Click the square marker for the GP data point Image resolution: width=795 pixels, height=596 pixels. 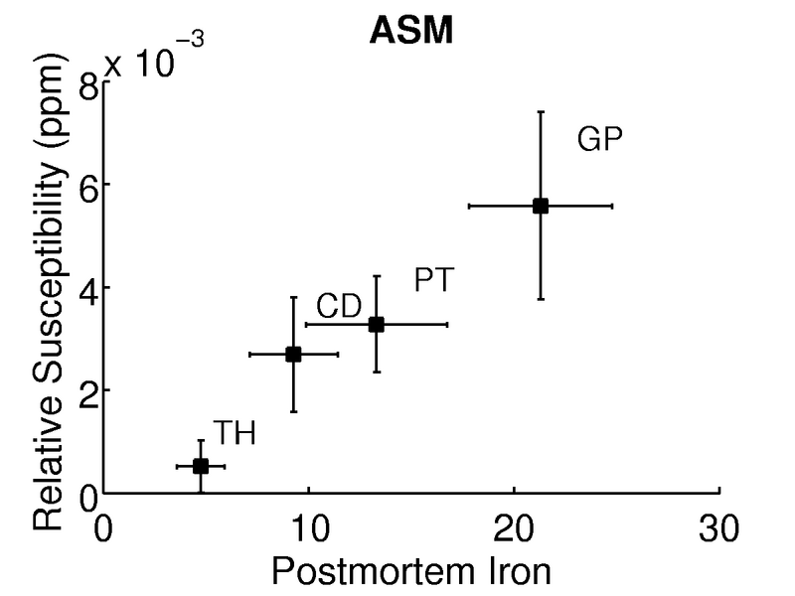541,206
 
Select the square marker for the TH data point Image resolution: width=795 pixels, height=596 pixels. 200,465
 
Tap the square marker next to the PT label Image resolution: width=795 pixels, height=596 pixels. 377,324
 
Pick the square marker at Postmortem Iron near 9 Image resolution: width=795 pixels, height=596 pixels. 293,354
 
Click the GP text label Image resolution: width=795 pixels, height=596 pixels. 599,140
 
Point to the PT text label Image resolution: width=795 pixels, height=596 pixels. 433,281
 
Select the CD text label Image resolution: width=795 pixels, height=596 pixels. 338,307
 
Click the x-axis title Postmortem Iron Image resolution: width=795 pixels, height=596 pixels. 410,572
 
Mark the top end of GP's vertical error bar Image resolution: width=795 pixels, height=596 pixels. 541,112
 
